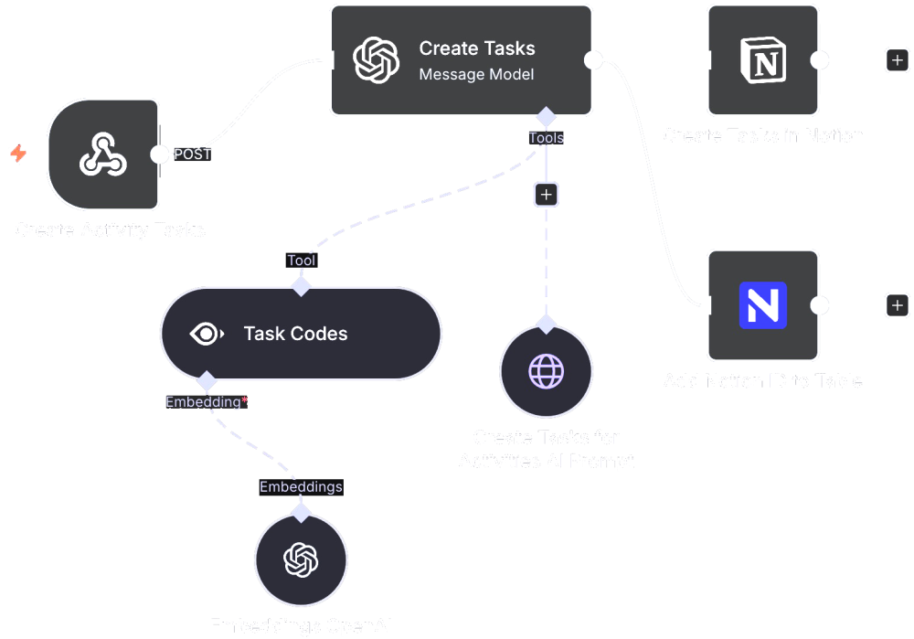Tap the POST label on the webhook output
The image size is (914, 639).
[193, 154]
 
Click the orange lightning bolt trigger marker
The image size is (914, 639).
[18, 154]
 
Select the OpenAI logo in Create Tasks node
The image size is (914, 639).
[377, 60]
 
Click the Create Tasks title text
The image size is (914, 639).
[477, 48]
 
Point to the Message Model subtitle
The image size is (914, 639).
[476, 74]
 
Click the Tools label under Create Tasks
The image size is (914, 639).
[546, 138]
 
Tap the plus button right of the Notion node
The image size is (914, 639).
[898, 60]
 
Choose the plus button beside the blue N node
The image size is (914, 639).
[898, 305]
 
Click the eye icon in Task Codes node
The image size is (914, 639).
[207, 334]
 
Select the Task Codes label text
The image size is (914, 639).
[295, 334]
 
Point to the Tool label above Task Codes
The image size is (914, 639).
[301, 261]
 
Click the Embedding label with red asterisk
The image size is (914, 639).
[207, 401]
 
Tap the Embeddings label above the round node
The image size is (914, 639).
[301, 487]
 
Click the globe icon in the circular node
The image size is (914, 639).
[547, 372]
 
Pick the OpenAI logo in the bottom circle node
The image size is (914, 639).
[301, 559]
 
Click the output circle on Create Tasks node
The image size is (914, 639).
[593, 60]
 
